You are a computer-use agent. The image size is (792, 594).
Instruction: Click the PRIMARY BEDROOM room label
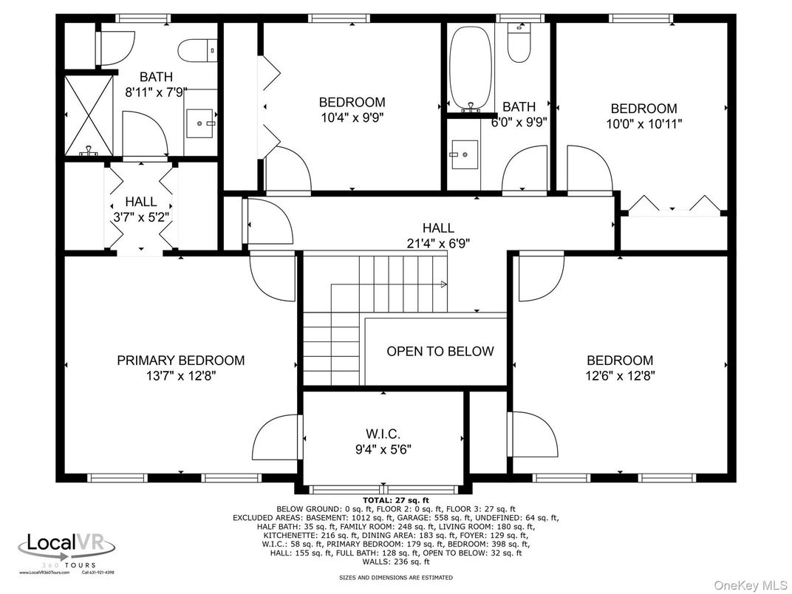(180, 361)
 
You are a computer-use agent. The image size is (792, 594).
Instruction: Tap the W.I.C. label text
(383, 433)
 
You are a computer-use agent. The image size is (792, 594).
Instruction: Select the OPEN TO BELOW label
(440, 351)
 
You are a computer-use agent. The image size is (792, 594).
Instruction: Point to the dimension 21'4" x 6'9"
(437, 242)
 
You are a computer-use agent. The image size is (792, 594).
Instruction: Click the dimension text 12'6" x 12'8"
(620, 375)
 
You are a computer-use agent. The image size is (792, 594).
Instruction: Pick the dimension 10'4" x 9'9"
(352, 117)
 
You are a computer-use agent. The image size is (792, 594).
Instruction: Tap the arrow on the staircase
(443, 283)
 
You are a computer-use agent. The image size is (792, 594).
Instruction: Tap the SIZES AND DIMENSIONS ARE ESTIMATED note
(395, 577)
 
